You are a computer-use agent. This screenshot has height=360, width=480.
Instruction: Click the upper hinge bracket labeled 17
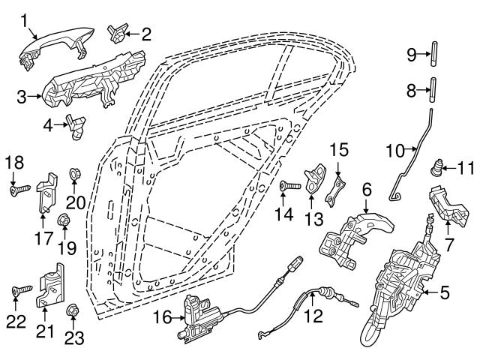[46, 192]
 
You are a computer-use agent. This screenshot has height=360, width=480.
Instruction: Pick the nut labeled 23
[73, 310]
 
